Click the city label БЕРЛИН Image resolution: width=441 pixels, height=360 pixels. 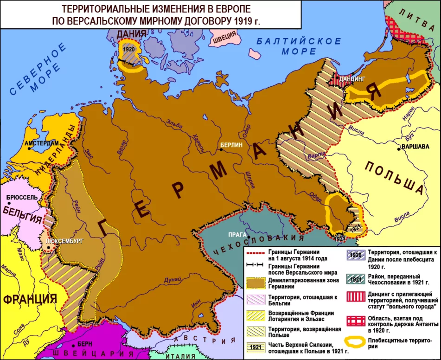[x=231, y=145]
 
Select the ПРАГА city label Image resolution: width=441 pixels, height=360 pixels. [x=236, y=234]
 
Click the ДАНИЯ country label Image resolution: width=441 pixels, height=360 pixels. [x=131, y=34]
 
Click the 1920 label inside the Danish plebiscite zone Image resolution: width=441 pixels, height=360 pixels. [x=129, y=49]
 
